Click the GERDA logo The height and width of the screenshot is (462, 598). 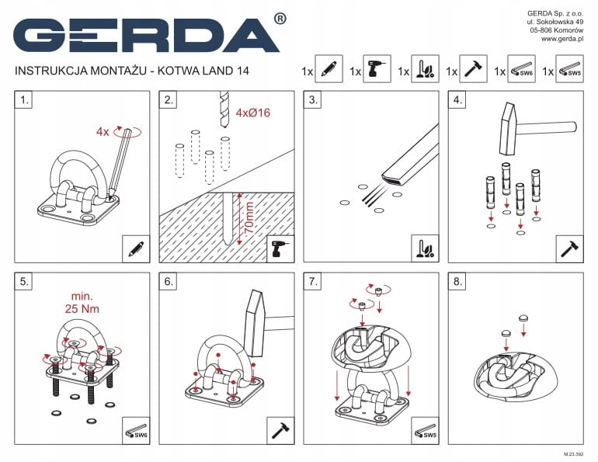[x=147, y=35]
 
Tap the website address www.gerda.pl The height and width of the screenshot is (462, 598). [x=562, y=39]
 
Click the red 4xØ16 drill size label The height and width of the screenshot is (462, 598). [x=253, y=113]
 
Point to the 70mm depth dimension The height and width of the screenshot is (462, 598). [x=249, y=218]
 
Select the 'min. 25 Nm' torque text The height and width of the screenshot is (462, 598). [x=82, y=303]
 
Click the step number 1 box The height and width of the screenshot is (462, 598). [x=23, y=100]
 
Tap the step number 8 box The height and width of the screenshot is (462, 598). [x=457, y=282]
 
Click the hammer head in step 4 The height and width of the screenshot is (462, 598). [x=509, y=128]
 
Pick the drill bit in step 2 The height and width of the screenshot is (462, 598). [x=224, y=109]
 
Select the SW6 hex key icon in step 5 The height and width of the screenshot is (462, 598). [x=136, y=431]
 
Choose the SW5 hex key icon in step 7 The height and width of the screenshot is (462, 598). [x=426, y=431]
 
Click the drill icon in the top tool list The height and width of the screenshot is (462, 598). [x=377, y=69]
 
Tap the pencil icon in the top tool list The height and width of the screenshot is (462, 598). [x=329, y=69]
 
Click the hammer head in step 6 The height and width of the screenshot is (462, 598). [x=255, y=323]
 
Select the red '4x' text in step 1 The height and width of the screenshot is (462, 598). [x=103, y=132]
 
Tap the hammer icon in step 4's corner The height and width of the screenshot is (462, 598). [x=570, y=249]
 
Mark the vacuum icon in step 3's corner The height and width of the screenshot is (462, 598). [x=426, y=249]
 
